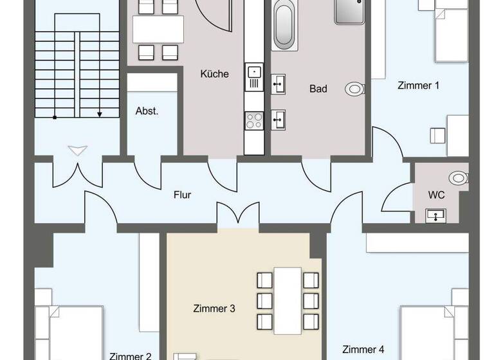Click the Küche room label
(214, 74)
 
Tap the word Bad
(318, 89)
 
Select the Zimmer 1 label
(418, 85)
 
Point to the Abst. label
(147, 111)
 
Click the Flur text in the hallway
(182, 195)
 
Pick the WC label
(437, 195)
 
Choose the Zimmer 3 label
(214, 309)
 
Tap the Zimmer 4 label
(363, 350)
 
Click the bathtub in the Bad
(284, 26)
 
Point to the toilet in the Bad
(354, 89)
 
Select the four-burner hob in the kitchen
(254, 120)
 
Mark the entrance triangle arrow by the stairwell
(77, 151)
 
